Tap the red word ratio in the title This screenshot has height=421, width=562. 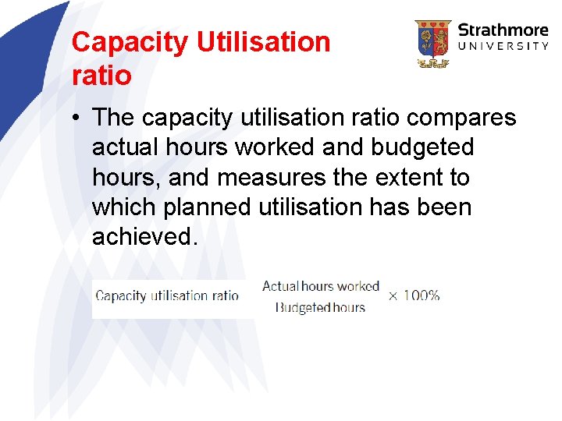[x=101, y=76]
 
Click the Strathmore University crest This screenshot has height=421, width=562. [x=432, y=44]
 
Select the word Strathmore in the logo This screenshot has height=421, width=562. [x=503, y=30]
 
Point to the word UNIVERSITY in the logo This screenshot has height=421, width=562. [x=503, y=47]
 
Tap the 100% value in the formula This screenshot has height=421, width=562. [x=422, y=295]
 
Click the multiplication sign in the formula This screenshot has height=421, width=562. [x=393, y=295]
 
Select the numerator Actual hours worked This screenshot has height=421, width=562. [x=320, y=286]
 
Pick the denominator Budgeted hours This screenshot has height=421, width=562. [x=320, y=307]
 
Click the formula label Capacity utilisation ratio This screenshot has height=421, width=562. [x=167, y=296]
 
